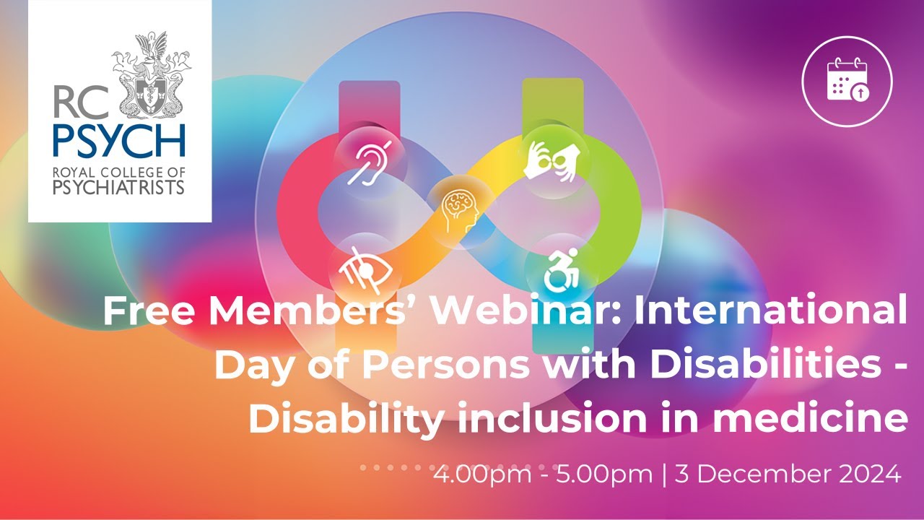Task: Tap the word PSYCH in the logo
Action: [119, 142]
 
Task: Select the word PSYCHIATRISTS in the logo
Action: [119, 188]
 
